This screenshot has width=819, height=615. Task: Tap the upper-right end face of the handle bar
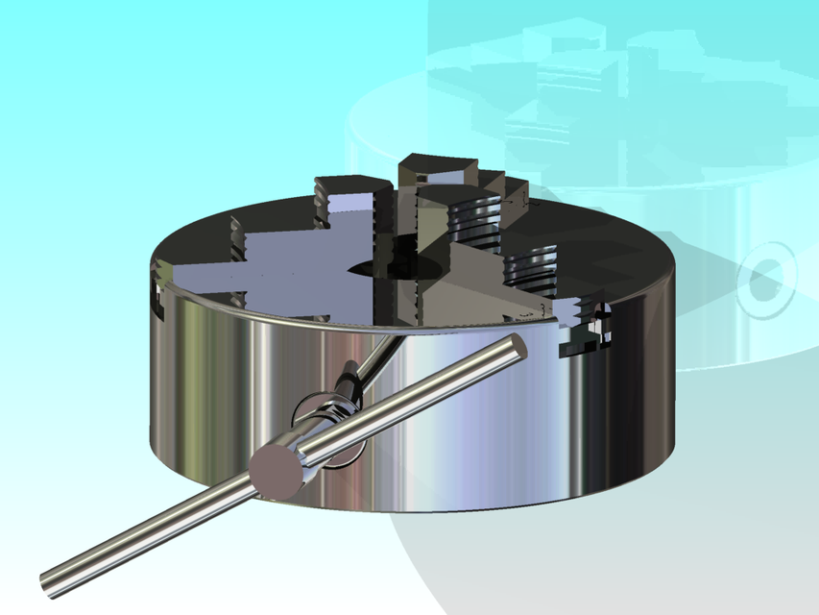click(516, 347)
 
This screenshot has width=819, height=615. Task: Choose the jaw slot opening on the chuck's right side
click(586, 332)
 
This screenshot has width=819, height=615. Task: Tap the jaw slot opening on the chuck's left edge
click(159, 293)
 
